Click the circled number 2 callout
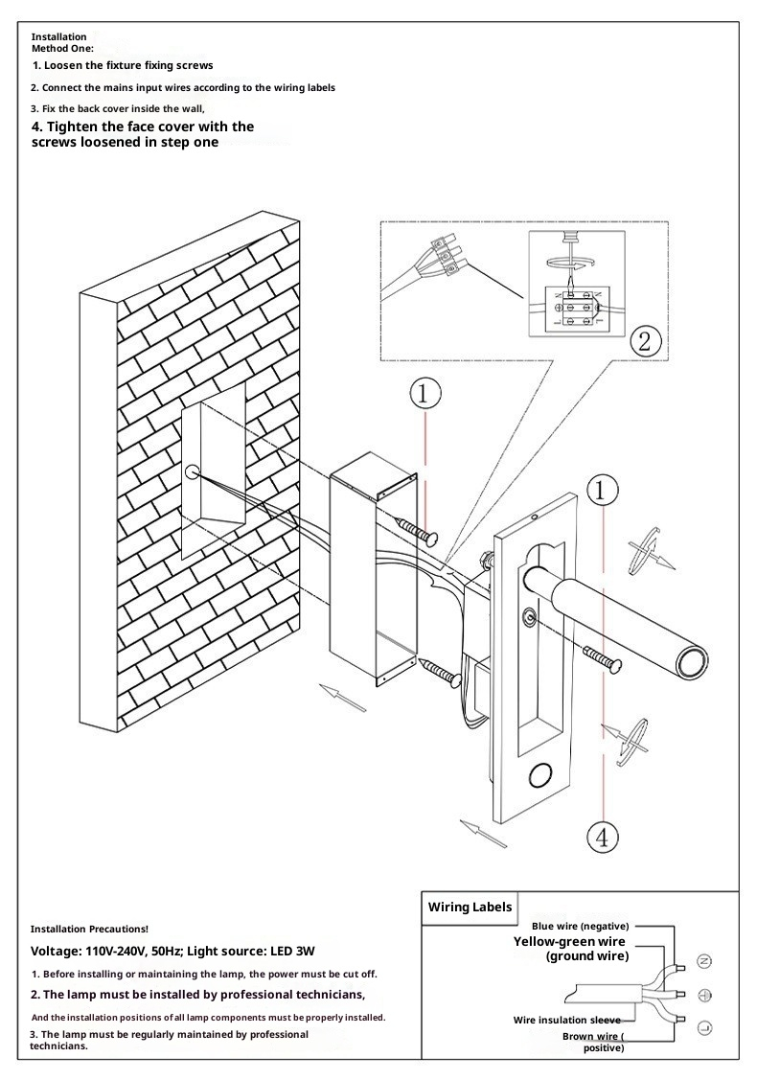646,342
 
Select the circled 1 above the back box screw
425,393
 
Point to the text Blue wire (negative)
580,927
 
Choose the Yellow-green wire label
569,942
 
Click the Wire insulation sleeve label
566,1021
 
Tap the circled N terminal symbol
704,961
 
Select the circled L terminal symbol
704,1028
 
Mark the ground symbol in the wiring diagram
704,995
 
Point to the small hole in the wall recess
192,471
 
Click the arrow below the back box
342,698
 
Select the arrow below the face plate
483,832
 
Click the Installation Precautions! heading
89,930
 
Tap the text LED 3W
291,952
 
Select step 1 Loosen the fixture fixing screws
123,65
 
